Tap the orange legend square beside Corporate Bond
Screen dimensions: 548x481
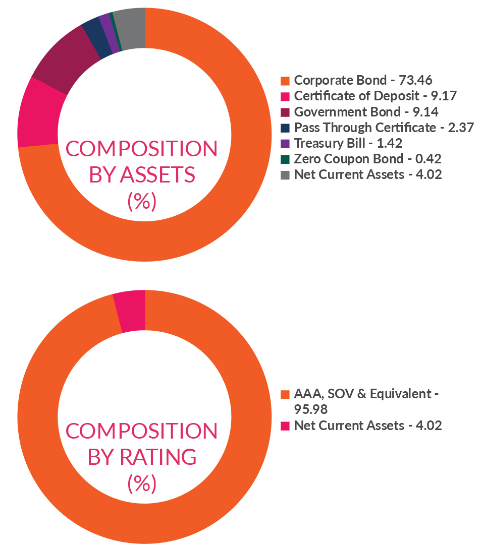[285, 81]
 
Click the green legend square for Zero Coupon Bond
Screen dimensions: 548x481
[285, 159]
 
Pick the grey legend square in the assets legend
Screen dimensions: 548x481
[285, 175]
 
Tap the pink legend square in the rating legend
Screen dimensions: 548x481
[285, 426]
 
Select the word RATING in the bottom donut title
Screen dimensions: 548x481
[158, 457]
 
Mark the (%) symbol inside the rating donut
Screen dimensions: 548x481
[142, 483]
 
